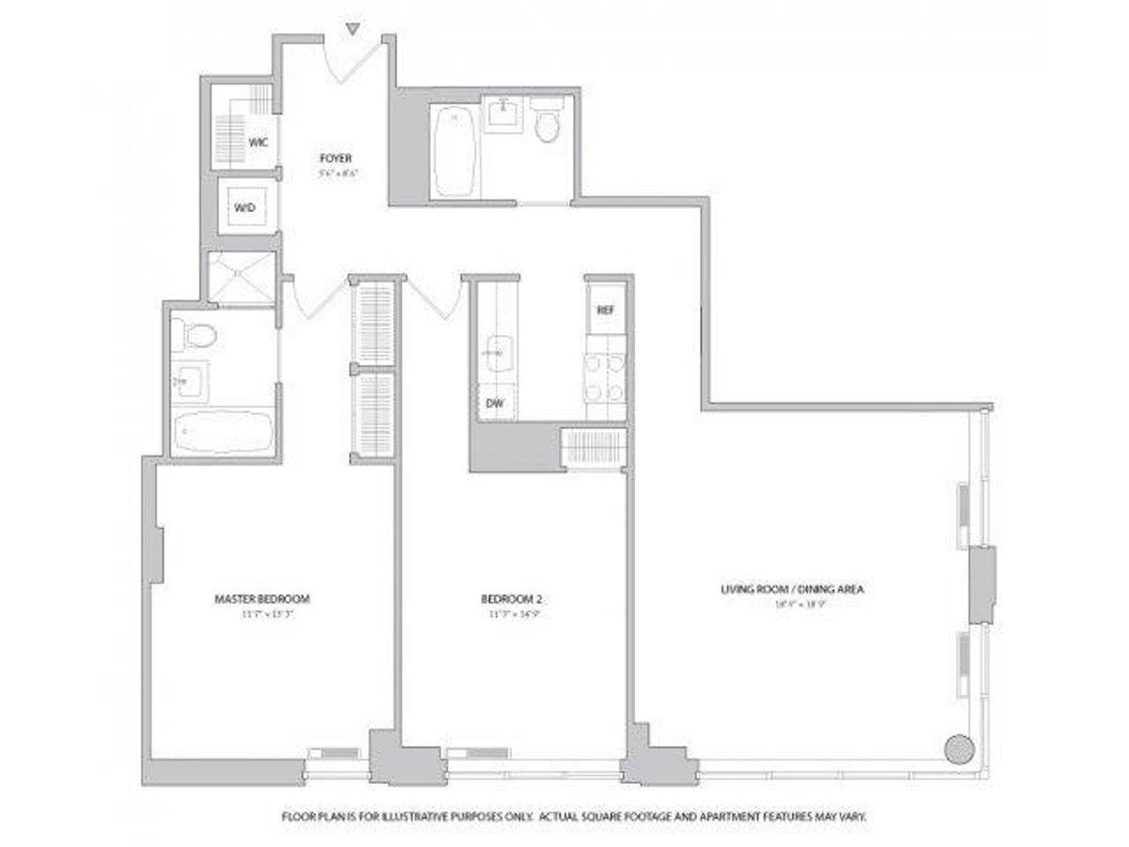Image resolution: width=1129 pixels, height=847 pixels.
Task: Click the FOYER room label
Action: pyautogui.click(x=334, y=158)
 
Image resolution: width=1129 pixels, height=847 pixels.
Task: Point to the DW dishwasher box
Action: pyautogui.click(x=494, y=404)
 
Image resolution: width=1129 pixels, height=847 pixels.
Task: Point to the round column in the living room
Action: pyautogui.click(x=958, y=749)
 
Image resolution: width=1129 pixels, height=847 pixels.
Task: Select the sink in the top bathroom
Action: pyautogui.click(x=504, y=116)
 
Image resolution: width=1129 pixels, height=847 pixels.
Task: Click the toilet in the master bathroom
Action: pyautogui.click(x=198, y=335)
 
